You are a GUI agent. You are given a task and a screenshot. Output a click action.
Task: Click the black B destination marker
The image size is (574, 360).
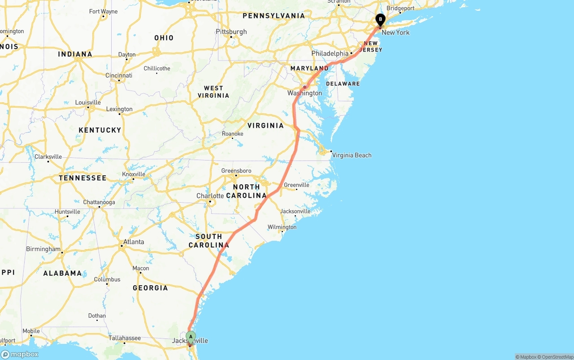point(380,20)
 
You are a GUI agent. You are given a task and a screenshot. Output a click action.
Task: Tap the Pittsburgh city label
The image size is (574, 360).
point(231,32)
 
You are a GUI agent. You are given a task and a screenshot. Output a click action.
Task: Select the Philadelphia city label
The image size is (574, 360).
point(330,53)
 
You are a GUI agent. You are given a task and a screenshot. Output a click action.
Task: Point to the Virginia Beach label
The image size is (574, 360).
point(352,155)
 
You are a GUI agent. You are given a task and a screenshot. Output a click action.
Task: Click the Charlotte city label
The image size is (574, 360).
point(210,196)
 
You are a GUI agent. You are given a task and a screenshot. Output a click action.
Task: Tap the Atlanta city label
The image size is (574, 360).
point(134,242)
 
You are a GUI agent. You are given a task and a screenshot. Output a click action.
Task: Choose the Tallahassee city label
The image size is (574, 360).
point(125,338)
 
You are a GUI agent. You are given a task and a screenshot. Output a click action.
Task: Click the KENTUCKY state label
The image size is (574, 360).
point(100,130)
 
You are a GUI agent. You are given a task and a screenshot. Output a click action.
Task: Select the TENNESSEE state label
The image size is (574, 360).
point(83,178)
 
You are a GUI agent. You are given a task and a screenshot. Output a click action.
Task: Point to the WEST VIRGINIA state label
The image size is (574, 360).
point(213,92)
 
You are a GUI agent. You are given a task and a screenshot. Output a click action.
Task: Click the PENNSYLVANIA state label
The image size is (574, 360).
point(274,16)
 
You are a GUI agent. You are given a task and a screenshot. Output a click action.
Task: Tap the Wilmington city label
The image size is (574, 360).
point(282,227)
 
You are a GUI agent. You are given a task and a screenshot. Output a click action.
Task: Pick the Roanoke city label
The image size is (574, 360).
point(233,134)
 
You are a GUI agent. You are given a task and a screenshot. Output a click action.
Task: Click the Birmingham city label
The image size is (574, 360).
point(43,249)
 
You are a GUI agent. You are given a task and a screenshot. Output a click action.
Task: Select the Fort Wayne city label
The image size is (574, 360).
point(104,12)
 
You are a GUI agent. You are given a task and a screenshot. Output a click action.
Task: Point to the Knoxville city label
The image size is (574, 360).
point(134,174)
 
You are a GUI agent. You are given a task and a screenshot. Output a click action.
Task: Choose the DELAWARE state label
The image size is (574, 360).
point(343,84)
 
